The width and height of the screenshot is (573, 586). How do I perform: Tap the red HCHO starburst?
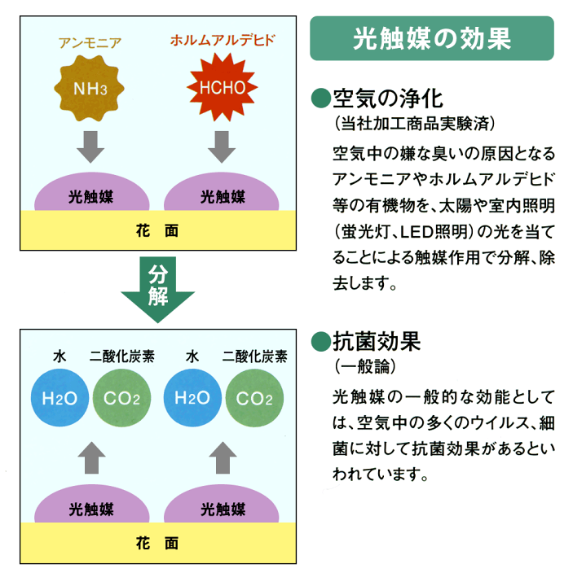(218, 86)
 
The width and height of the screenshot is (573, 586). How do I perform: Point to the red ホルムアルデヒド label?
(223, 38)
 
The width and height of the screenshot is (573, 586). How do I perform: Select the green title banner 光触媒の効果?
(432, 39)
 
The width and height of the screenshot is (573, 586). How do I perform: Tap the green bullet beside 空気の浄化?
(321, 99)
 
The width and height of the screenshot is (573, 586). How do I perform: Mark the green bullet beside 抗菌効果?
(321, 339)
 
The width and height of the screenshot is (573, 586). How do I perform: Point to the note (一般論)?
(364, 365)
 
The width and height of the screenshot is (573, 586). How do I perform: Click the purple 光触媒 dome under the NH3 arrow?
(92, 195)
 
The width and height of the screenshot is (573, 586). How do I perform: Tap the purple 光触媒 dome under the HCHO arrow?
(222, 195)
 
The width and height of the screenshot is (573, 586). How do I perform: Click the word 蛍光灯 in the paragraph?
(364, 230)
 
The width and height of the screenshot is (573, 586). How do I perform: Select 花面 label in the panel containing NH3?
(157, 230)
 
